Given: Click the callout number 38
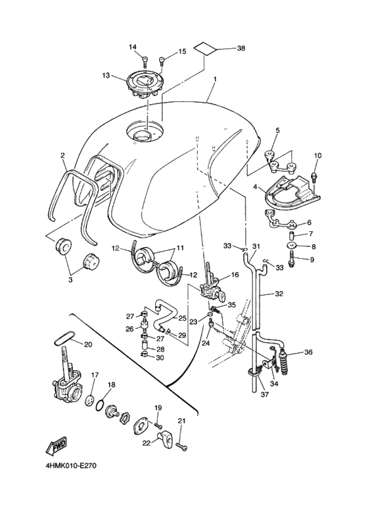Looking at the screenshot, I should click(x=241, y=49).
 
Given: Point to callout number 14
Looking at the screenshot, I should click(x=133, y=47).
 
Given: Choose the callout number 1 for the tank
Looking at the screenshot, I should click(x=214, y=79).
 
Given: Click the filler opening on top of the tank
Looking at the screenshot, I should click(x=142, y=136).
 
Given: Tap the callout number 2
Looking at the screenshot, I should click(x=62, y=156).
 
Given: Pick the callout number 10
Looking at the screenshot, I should click(x=319, y=155).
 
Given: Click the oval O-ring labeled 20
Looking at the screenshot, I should click(x=61, y=338).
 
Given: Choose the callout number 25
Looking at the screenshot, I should click(x=182, y=318).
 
